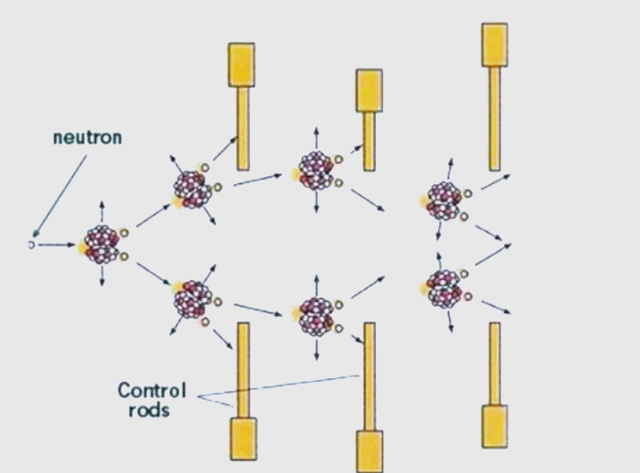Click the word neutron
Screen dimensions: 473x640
coord(87,138)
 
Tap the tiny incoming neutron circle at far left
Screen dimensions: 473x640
coord(31,244)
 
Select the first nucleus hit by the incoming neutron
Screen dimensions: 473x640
coord(102,244)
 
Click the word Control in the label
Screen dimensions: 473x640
coord(151,391)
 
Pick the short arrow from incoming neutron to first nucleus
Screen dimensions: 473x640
coord(56,244)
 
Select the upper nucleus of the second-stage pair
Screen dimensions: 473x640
coord(192,188)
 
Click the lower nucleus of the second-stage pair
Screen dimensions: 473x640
coord(193,299)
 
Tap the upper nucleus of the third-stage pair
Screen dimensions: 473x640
coord(316,170)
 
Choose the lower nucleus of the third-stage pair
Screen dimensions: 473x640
coord(316,315)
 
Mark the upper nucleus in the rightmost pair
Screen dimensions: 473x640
coord(443,200)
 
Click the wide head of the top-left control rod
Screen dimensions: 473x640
coord(242,65)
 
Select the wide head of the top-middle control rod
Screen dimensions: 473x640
coord(369,90)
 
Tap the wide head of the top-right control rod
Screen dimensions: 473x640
coord(495,45)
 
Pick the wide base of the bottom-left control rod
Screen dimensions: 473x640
coord(243,438)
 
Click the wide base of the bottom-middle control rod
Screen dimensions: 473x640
coord(370,450)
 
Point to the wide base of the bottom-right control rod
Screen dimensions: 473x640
coord(495,426)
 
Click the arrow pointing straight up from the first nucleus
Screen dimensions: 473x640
coord(102,211)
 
